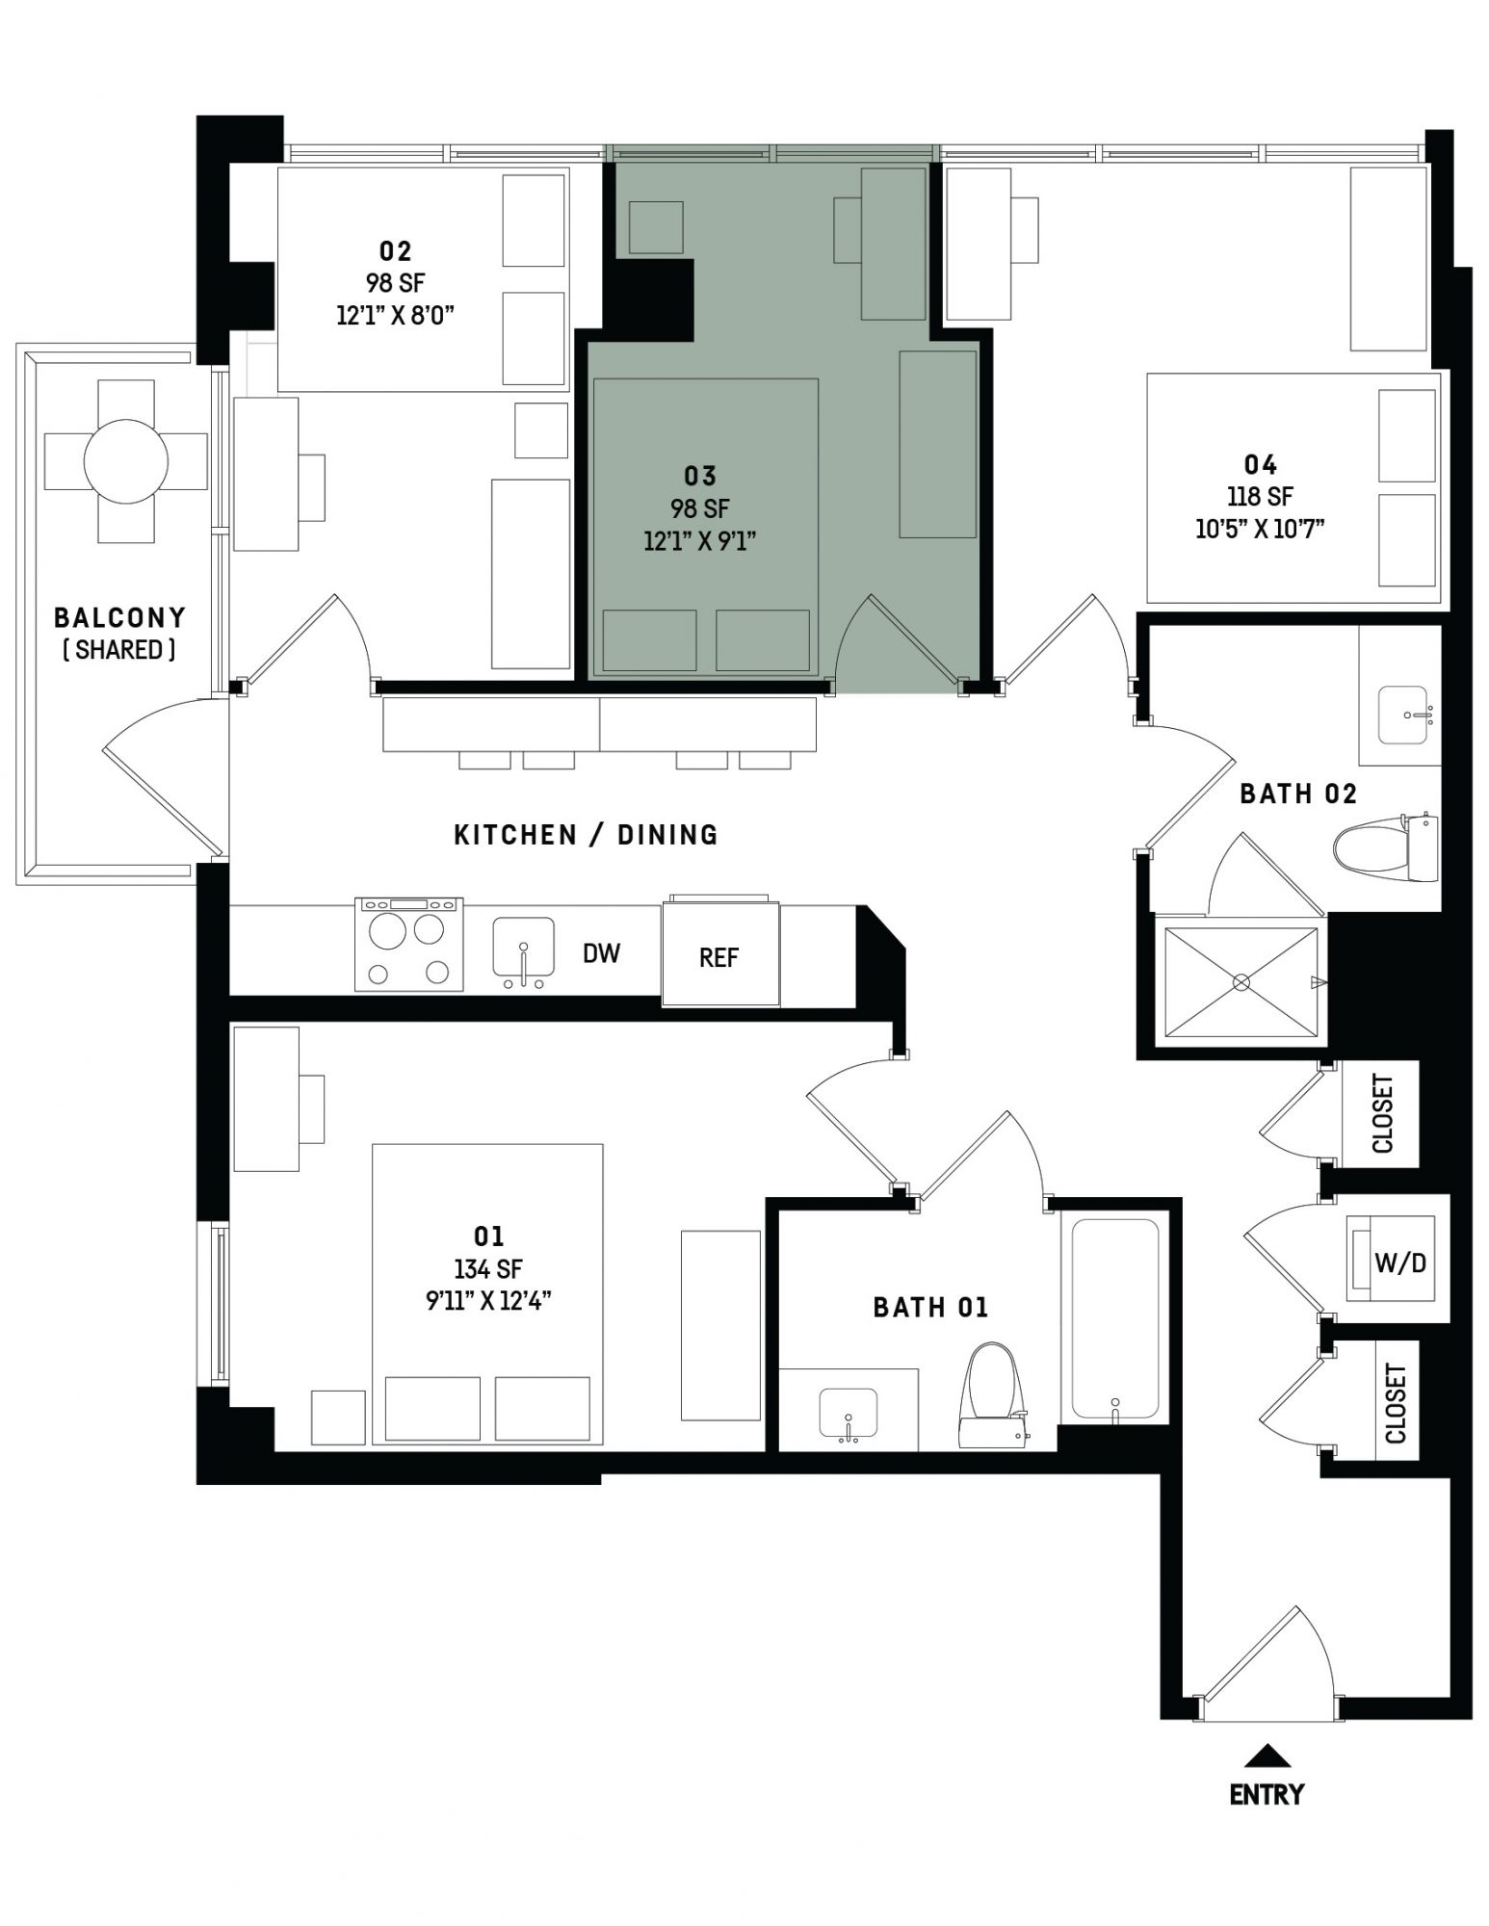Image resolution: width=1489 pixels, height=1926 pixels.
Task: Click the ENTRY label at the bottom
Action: pos(1267,1794)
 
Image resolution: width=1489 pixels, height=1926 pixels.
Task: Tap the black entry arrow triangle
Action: pos(1267,1757)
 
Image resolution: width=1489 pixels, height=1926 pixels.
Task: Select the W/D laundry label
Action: pos(1400,1262)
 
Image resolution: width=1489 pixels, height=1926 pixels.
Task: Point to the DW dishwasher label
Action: pos(601,953)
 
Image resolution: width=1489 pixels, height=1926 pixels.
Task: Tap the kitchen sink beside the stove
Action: pos(523,951)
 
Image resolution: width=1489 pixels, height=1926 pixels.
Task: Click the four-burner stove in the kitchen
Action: pos(409,945)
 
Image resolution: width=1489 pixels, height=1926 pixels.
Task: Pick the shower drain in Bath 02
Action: pos(1241,982)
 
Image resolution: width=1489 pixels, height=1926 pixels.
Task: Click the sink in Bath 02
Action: pos(1402,715)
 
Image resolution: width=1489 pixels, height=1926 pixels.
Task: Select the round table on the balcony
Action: pos(126,461)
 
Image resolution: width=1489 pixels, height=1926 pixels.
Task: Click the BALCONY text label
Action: pos(120,617)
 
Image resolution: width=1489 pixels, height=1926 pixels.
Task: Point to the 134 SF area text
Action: pos(488,1269)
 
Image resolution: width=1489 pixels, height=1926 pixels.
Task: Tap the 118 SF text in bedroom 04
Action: pos(1261,497)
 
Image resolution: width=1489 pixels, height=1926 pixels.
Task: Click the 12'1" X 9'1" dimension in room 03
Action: pos(700,541)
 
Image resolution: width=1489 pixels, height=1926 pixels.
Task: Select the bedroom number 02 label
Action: pos(395,251)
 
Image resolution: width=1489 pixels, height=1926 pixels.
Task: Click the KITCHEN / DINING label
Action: pos(587,835)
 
